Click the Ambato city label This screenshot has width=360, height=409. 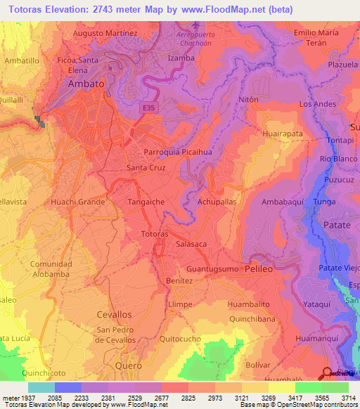click(86, 84)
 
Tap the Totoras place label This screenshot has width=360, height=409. click(154, 233)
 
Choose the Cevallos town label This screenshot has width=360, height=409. click(114, 314)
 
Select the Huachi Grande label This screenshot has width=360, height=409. click(77, 202)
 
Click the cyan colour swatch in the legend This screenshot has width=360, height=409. click(41, 387)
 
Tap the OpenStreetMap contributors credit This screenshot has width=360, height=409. click(318, 405)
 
